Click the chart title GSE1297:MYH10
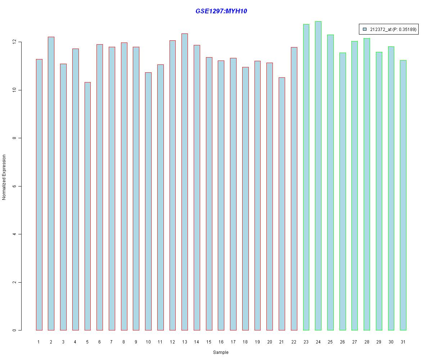[x=221, y=11]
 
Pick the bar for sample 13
[x=185, y=182]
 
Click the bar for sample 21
[x=282, y=204]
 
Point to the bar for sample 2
[x=51, y=184]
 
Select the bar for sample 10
[x=148, y=201]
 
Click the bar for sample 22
[x=294, y=189]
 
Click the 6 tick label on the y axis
[x=15, y=186]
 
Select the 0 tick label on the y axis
[x=15, y=330]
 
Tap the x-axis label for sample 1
[x=39, y=342]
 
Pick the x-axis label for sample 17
[x=233, y=342]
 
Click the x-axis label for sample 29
[x=379, y=342]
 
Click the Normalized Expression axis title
[x=4, y=177]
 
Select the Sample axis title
[x=221, y=352]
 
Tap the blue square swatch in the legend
[x=365, y=29]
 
